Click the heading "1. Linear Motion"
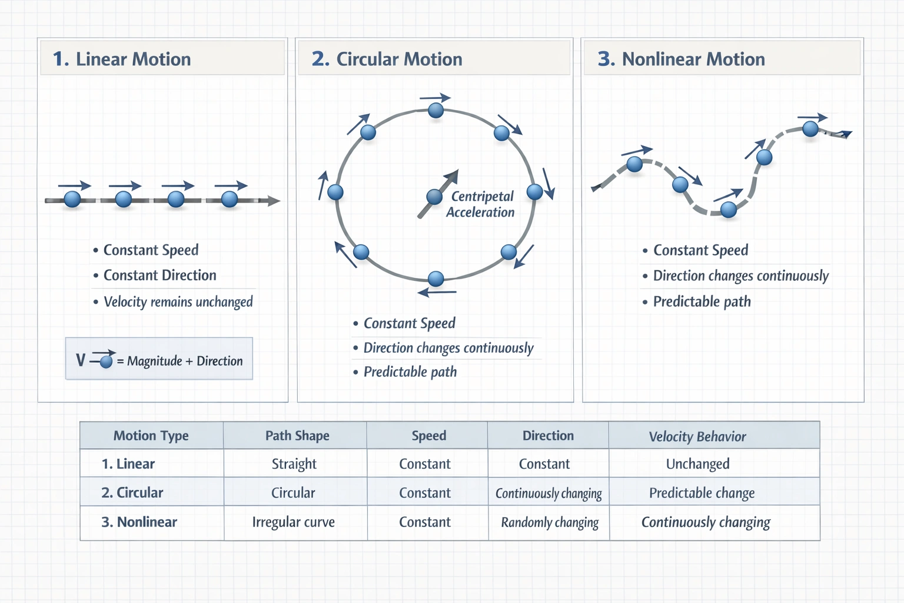(122, 59)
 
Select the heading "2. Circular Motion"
(387, 59)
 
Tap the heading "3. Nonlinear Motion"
(681, 59)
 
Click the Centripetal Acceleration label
(481, 204)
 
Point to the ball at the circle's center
(434, 197)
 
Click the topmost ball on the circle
(436, 110)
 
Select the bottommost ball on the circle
(436, 279)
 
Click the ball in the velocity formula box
(106, 362)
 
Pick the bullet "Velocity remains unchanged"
(178, 302)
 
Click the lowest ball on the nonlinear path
(729, 209)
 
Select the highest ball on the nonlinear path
(810, 128)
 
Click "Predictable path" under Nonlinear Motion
(702, 302)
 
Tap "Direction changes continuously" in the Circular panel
(448, 348)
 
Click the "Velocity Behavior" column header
(697, 436)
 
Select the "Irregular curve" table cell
(293, 522)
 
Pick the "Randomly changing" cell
(549, 522)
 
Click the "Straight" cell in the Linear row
(294, 464)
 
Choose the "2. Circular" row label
(132, 493)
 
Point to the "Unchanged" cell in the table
(697, 464)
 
